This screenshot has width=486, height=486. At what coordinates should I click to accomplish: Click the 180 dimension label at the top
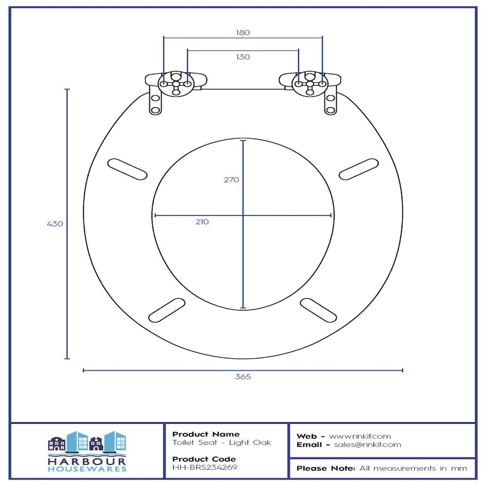[x=242, y=32]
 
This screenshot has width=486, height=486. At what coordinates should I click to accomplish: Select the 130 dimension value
[x=242, y=57]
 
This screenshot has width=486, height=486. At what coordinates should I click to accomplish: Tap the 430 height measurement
[x=55, y=224]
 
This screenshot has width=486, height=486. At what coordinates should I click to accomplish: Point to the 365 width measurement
[x=242, y=377]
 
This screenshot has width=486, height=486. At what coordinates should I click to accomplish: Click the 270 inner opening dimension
[x=231, y=180]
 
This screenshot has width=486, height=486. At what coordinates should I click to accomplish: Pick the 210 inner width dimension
[x=202, y=222]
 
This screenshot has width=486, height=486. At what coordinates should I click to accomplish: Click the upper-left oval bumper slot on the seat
[x=127, y=169]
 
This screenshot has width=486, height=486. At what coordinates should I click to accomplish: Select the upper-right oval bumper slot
[x=358, y=169]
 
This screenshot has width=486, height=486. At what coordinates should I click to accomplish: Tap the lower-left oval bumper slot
[x=167, y=310]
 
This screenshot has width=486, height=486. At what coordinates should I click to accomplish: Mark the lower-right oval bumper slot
[x=318, y=310]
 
